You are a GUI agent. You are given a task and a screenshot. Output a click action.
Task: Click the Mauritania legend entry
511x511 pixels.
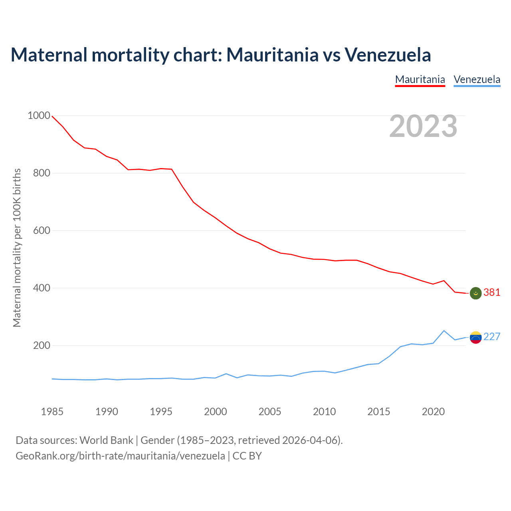(x=420, y=79)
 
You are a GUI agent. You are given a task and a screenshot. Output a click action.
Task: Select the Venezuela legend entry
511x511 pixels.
(x=477, y=79)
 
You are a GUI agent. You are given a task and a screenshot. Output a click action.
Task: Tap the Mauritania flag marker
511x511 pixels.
(x=475, y=293)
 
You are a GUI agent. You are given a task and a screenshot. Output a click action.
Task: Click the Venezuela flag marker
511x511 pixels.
(x=475, y=337)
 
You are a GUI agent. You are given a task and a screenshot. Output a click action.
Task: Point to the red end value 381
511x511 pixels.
(x=492, y=293)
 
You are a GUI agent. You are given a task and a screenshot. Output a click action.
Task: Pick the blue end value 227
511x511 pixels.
(x=492, y=337)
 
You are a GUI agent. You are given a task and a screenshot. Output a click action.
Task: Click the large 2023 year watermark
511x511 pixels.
(x=423, y=126)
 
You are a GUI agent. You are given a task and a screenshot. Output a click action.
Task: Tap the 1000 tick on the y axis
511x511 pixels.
(x=39, y=116)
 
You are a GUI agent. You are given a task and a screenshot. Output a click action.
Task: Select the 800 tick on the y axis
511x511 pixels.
(x=41, y=173)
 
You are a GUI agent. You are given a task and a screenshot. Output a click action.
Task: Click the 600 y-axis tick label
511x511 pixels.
(x=41, y=231)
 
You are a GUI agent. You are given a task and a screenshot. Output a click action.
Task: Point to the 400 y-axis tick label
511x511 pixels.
(x=41, y=288)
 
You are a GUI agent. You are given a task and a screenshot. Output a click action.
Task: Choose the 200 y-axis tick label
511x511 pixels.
(x=41, y=346)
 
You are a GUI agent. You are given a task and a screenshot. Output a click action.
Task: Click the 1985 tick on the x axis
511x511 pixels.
(x=52, y=412)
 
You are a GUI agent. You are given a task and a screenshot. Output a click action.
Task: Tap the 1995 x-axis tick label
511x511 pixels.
(x=161, y=412)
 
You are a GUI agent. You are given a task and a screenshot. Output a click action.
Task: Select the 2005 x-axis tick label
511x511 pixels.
(x=270, y=412)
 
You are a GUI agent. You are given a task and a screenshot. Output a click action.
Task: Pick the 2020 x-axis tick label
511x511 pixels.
(x=433, y=412)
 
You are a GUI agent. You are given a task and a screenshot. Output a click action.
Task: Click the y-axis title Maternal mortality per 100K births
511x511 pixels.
(x=17, y=248)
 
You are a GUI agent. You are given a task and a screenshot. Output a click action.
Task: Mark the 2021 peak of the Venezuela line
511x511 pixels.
(x=444, y=331)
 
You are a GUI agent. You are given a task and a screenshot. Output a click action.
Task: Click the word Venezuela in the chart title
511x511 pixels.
(x=388, y=55)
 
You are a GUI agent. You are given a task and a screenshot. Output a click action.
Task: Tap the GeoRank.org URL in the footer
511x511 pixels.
(x=120, y=456)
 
